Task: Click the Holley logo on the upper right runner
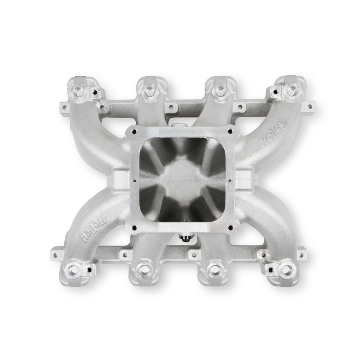(273, 133)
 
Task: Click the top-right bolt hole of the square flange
(230, 131)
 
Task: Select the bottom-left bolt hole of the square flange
(134, 228)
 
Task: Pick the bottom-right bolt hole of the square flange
(231, 227)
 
